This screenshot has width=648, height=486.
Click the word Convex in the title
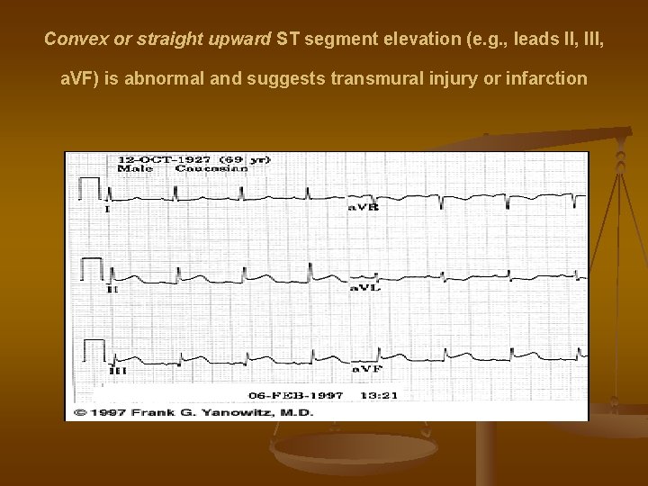point(71,40)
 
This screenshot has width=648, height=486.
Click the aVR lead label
point(364,207)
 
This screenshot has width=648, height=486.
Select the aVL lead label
point(364,288)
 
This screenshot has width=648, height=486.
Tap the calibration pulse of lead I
point(90,187)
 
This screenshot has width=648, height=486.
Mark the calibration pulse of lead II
point(91,267)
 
